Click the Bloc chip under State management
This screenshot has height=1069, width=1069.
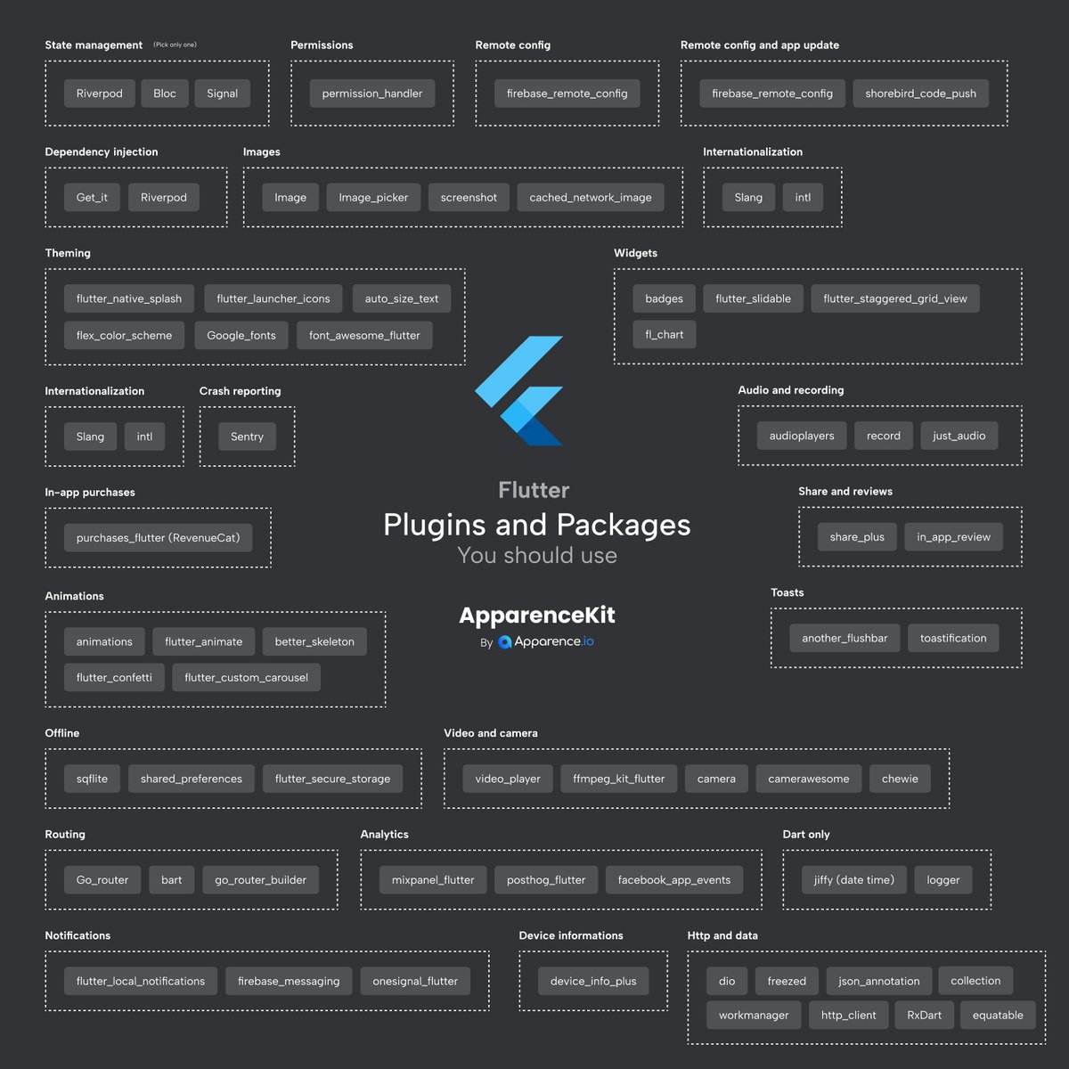point(165,94)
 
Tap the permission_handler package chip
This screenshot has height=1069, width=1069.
point(372,94)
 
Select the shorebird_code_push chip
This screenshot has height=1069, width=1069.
point(920,94)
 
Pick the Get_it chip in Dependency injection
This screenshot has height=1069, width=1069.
point(92,198)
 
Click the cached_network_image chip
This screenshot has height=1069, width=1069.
point(591,198)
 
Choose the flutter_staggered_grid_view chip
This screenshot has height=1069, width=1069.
point(894,299)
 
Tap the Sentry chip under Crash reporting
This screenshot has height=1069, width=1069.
point(247,437)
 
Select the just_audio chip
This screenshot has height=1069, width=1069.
point(959,436)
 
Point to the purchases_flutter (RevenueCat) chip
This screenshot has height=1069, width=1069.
point(158,538)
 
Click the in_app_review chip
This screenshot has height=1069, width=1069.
point(953,537)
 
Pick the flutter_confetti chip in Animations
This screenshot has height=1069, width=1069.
point(114,678)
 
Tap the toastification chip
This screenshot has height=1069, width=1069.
point(953,639)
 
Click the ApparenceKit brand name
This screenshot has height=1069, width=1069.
point(537,616)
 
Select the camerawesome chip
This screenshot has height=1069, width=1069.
point(809,779)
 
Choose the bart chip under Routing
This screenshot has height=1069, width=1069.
point(172,880)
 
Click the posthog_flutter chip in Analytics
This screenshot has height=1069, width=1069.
point(546,880)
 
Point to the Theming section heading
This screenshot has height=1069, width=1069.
point(68,254)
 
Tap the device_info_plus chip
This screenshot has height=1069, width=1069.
point(593,982)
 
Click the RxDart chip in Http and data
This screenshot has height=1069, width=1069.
point(924,1016)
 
